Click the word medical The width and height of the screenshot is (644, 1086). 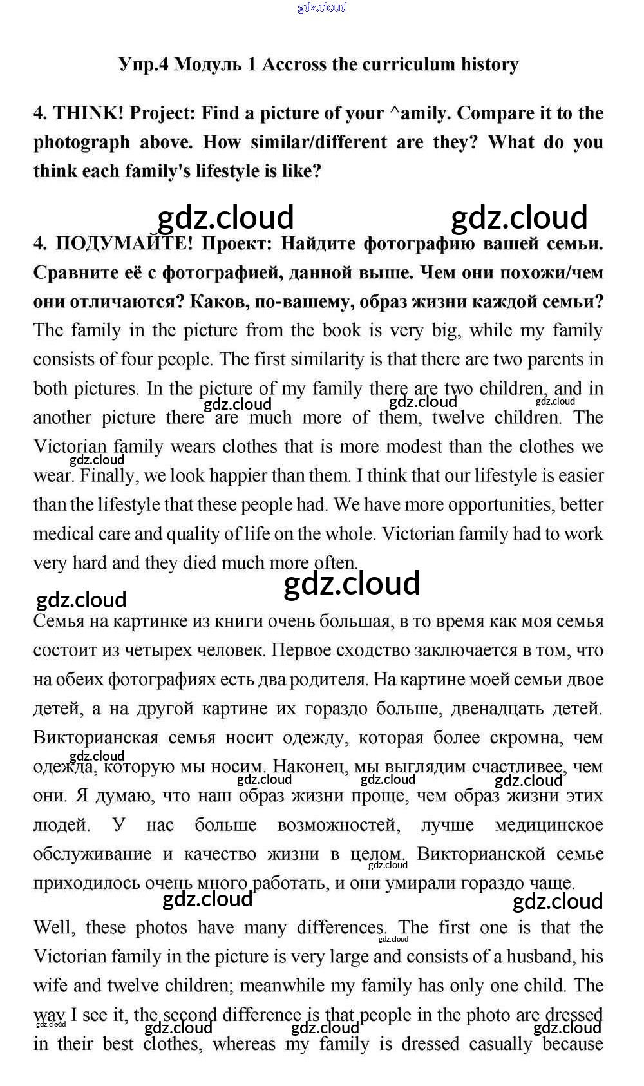[66, 534]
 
